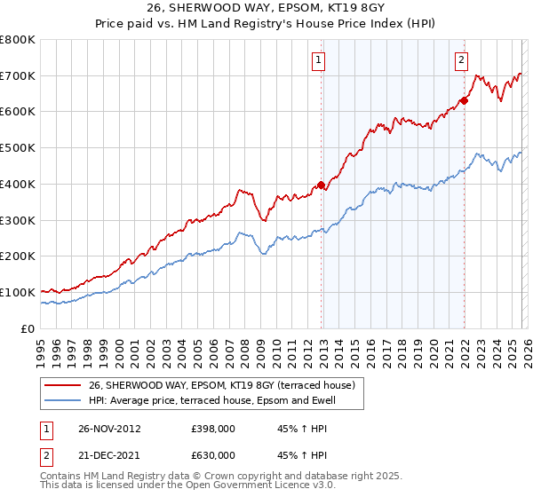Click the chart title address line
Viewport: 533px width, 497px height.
pos(266,8)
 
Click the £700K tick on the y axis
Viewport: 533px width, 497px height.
pos(18,76)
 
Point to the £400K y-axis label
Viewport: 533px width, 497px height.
pos(18,185)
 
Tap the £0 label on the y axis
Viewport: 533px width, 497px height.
pos(28,328)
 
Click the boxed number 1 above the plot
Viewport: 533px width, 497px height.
pos(318,60)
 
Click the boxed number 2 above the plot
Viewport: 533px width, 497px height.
pos(462,60)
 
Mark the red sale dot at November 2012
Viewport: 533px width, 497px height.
pos(321,185)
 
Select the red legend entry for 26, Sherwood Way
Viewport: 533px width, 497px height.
pos(222,385)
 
